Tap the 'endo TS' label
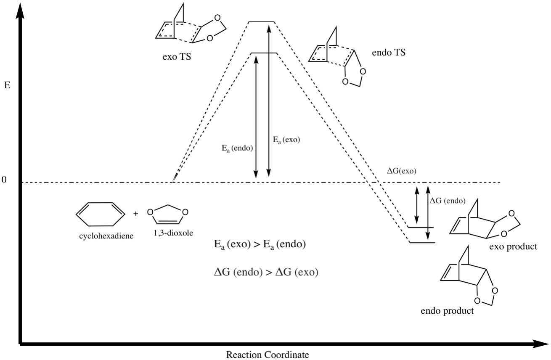point(389,53)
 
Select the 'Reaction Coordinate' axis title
point(267,354)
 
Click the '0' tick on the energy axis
point(5,180)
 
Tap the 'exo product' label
point(513,246)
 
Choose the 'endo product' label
point(447,312)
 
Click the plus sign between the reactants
point(135,214)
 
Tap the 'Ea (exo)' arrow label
point(286,140)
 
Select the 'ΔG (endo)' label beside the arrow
point(447,201)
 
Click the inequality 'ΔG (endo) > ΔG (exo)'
point(265,272)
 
